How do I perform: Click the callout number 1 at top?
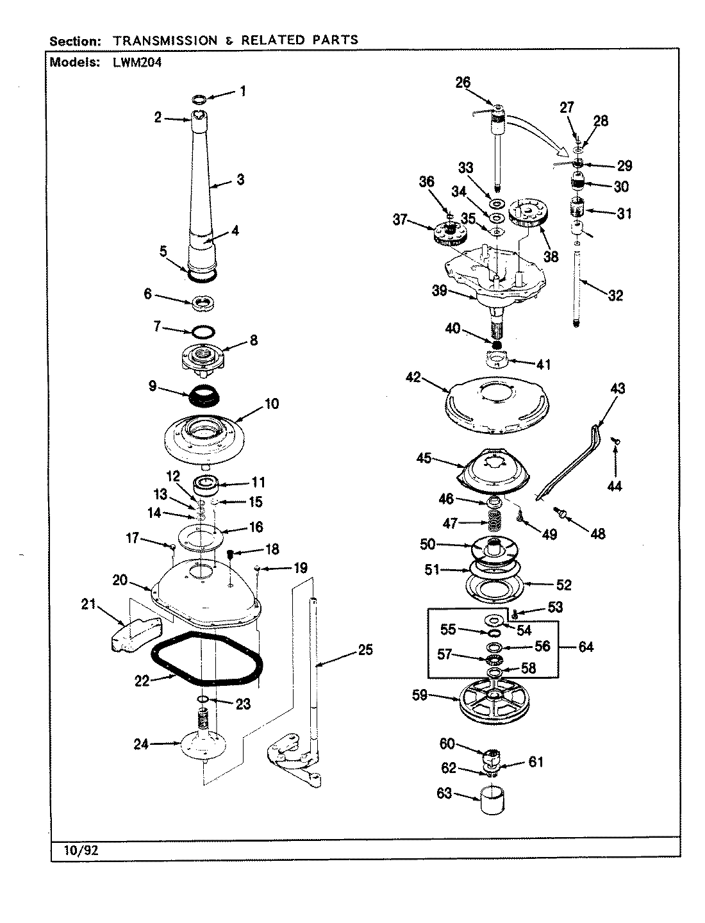(x=242, y=91)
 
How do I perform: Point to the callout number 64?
(x=585, y=647)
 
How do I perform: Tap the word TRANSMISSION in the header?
(x=165, y=40)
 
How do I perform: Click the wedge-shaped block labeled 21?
(x=142, y=633)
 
